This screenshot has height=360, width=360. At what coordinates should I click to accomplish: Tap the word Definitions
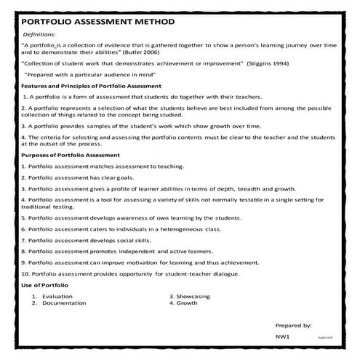[42, 34]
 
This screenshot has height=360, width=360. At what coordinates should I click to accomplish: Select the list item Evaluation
[57, 296]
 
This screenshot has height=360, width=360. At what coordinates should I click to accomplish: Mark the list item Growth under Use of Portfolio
[187, 303]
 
